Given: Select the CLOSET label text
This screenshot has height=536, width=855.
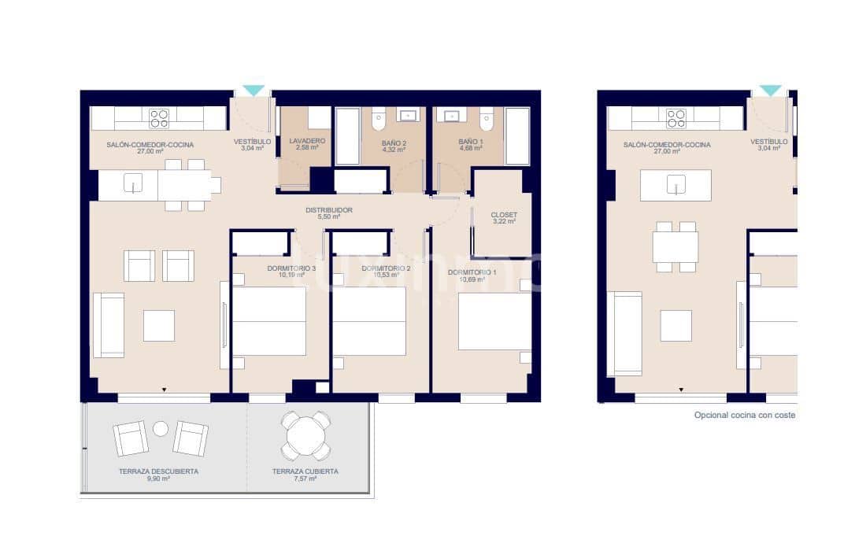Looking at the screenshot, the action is coord(503,214).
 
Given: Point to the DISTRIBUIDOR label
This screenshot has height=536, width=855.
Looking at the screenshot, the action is coord(329,210).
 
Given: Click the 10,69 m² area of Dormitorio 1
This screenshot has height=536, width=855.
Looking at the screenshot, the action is coord(472,279).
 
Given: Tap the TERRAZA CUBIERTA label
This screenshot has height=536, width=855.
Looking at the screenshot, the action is coord(305,471).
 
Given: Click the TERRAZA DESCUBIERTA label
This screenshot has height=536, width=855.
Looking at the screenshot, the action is coord(158,471).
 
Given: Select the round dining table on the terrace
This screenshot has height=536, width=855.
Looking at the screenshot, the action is coord(306,435).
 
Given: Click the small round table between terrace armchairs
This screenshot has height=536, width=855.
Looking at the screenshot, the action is coord(161,428).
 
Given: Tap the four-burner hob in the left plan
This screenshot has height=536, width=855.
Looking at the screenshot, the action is coord(159,118).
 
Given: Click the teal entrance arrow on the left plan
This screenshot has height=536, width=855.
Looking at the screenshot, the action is coord(254,91).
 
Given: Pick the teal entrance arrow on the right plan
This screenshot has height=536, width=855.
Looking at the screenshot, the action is coord(770,91).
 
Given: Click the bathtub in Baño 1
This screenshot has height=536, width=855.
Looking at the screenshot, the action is coord(517,135).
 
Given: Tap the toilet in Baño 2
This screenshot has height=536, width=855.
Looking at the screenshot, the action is coord(377,120).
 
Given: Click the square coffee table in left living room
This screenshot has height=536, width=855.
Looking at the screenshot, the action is coord(159,325).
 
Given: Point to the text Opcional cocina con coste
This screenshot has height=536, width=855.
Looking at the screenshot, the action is coord(744,415).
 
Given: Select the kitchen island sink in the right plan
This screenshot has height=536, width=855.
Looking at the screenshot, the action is coord(675,185).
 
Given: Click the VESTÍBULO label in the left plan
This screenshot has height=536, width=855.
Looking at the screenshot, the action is coord(252,142).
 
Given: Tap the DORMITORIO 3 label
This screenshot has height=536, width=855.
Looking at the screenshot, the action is coord(291,268).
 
